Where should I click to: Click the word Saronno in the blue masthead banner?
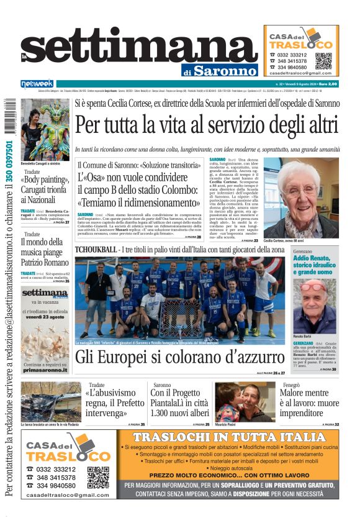(224, 70)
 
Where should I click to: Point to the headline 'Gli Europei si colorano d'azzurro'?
(180, 357)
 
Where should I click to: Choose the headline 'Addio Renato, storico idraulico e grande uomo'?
(315, 264)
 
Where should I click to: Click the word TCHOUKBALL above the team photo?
(96, 250)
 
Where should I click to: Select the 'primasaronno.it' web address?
(45, 370)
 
